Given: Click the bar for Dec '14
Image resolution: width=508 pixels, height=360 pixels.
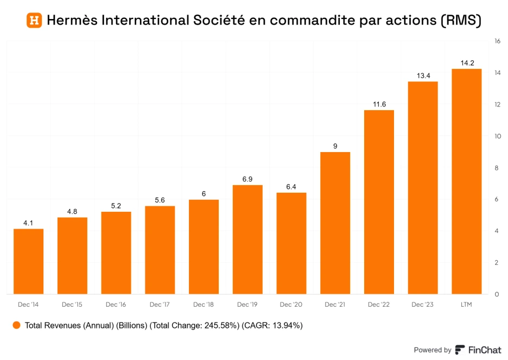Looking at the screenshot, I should point(28,261).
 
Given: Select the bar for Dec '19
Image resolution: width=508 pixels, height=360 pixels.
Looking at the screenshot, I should point(247,239).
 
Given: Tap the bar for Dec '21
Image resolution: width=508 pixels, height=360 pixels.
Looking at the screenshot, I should point(335,223).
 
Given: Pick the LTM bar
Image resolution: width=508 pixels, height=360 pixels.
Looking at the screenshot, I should point(466,181).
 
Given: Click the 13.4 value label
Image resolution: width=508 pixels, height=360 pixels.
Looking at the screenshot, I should point(423,75).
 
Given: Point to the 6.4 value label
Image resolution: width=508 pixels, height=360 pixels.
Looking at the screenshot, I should point(291,187).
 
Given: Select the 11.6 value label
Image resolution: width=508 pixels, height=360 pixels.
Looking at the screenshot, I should point(379,104).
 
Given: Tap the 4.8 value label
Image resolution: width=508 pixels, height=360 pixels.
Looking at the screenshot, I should point(72,211).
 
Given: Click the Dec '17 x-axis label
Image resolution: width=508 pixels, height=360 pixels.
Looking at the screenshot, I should point(160,305).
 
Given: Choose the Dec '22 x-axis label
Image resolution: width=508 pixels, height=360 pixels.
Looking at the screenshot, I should point(379,305).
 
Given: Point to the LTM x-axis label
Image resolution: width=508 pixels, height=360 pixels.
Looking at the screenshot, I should point(466,305).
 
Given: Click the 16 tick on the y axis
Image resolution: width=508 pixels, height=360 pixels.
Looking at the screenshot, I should point(497,41).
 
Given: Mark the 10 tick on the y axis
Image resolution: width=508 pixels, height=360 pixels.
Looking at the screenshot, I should point(497,136).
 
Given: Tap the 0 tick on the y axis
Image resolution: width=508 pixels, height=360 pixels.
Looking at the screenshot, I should point(497,294).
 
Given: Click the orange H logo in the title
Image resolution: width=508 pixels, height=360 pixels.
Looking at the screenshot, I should point(34,21).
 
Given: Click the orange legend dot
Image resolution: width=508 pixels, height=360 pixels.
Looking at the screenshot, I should point(16,325).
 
